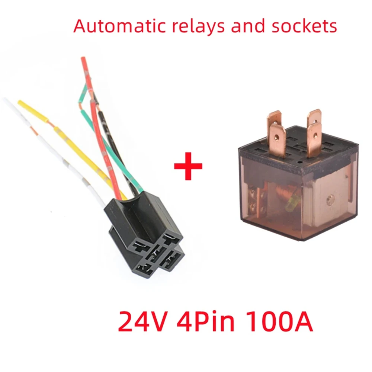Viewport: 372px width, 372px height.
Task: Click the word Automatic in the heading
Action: click(113, 26)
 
